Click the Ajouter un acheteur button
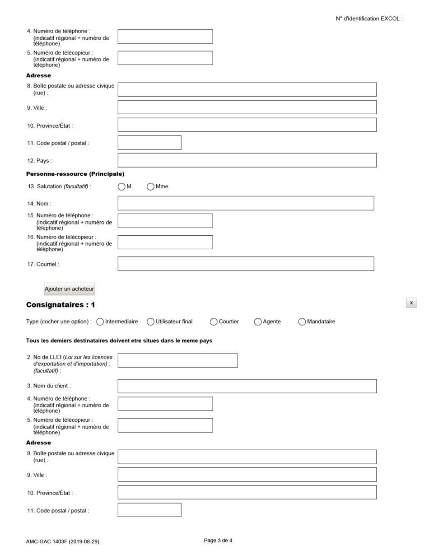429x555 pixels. coord(69,289)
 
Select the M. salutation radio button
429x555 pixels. coord(121,187)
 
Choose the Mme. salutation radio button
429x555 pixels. coord(151,187)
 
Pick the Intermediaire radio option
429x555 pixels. coord(100,322)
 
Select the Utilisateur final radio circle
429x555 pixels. coord(151,322)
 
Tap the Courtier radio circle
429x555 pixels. coord(214,322)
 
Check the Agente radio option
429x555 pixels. coord(258,322)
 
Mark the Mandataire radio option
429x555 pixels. coord(302,322)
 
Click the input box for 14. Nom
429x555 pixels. coord(246,203)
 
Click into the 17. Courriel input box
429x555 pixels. coord(246,264)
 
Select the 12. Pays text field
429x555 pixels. coord(247,160)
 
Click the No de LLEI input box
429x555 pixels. coord(177,360)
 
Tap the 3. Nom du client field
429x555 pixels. coord(247,386)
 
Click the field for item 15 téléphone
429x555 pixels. coord(165,221)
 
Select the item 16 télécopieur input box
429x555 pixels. coord(165,242)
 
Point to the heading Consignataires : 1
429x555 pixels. coord(61,305)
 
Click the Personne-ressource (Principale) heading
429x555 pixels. coord(75,174)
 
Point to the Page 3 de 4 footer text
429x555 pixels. coord(218,541)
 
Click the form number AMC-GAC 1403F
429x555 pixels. coord(62,541)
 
